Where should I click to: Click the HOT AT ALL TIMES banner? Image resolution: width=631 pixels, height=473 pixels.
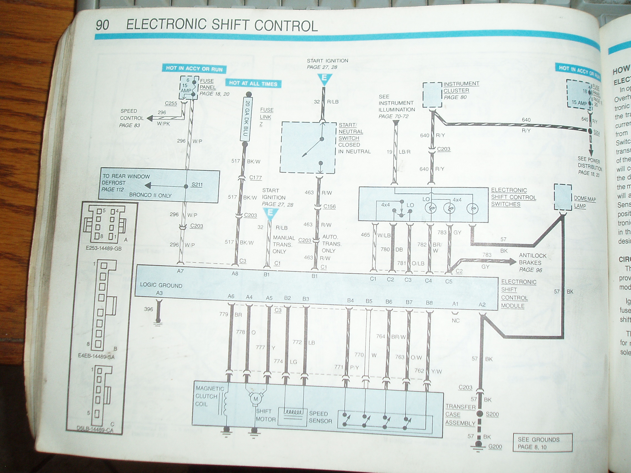pos(253,84)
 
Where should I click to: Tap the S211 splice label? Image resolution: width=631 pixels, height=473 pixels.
pos(197,185)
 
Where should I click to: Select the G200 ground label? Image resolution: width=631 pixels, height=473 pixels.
pos(495,446)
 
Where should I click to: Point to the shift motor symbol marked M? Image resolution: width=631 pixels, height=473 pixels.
pos(256,399)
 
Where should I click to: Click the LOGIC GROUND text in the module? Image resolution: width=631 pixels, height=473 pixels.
pos(161,285)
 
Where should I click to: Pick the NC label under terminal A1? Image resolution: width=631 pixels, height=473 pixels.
pos(455,320)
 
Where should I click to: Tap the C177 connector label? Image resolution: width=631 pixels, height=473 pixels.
pos(255,177)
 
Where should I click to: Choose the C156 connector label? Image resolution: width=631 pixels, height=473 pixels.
pos(329,207)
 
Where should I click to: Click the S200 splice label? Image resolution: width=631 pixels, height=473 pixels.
pos(492,414)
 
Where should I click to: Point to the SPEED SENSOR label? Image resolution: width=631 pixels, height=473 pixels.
pos(320,417)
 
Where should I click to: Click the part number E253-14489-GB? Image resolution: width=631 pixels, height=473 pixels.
pos(104,248)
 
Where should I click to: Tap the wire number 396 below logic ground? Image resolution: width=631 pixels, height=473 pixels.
pos(148,309)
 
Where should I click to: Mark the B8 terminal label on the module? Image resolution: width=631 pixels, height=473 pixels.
pos(429,303)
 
